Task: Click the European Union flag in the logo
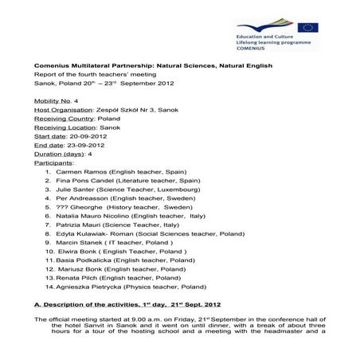pos(307,29)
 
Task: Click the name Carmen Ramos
pos(76,170)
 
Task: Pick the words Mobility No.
pos(52,100)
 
